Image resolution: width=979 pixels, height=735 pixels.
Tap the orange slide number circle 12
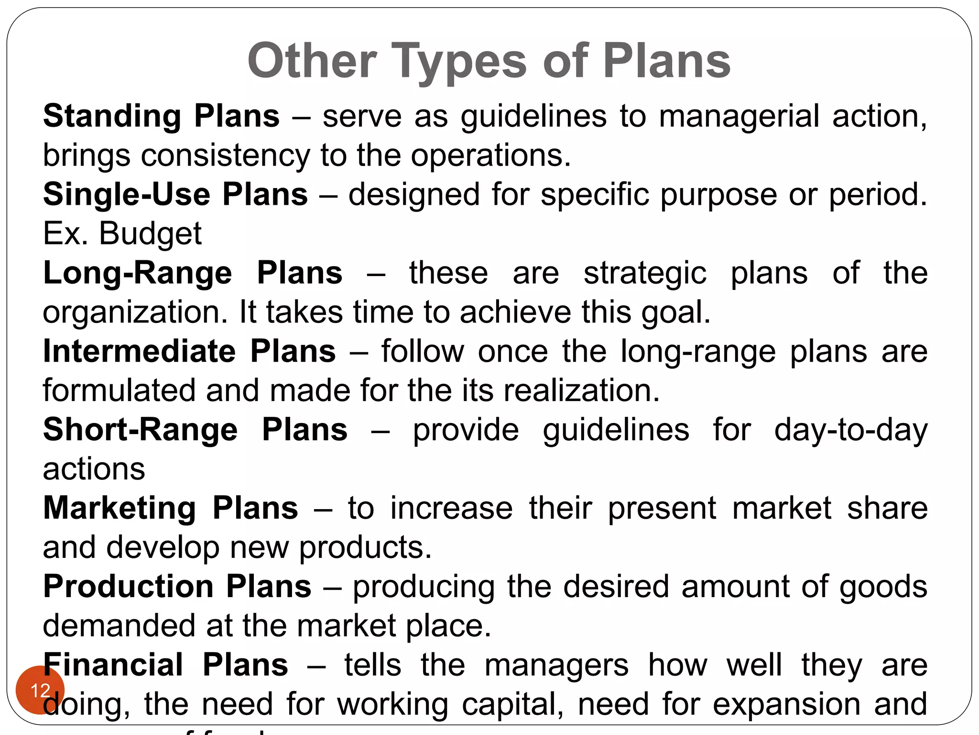(40, 690)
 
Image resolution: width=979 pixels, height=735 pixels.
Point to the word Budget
(150, 234)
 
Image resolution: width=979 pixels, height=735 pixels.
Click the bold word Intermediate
(139, 351)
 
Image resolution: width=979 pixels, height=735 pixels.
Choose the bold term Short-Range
(140, 430)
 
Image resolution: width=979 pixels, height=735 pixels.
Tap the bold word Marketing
(120, 508)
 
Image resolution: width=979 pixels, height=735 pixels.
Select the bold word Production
(128, 586)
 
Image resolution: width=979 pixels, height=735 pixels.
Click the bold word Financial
(113, 665)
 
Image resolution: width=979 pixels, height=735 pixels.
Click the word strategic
(645, 274)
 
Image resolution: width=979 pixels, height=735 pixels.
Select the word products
(365, 548)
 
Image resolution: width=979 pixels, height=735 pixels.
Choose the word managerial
(739, 117)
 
